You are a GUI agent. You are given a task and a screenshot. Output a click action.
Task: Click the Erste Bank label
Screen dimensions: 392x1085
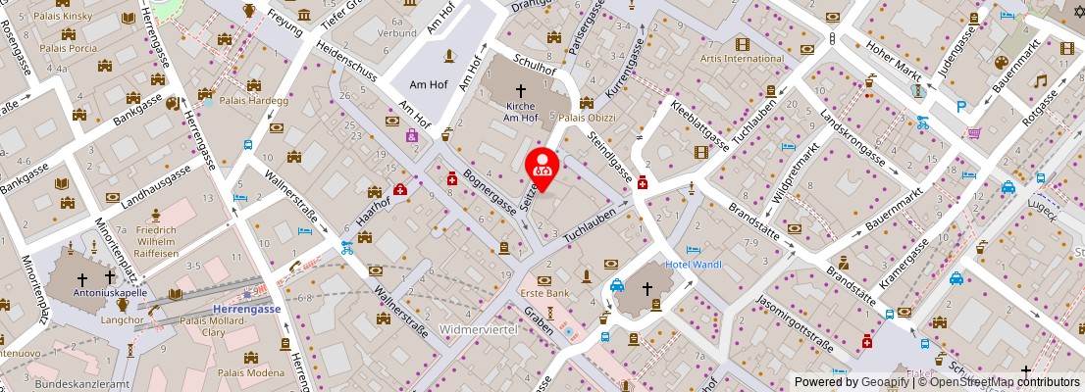pyautogui.click(x=545, y=293)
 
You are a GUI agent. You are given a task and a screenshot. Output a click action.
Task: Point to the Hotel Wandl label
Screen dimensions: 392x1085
pyautogui.click(x=694, y=265)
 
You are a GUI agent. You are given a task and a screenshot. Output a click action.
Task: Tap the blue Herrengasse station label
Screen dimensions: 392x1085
pyautogui.click(x=247, y=308)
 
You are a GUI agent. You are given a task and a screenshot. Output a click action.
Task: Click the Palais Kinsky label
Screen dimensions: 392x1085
pyautogui.click(x=63, y=18)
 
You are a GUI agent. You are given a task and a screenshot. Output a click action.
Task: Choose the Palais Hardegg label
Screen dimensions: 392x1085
pyautogui.click(x=253, y=100)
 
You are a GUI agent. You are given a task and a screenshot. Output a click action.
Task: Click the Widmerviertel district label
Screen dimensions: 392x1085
pyautogui.click(x=478, y=329)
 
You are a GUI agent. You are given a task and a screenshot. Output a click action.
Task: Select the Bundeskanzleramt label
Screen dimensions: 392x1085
pyautogui.click(x=82, y=384)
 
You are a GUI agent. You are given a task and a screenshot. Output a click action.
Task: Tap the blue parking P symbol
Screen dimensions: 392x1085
pyautogui.click(x=961, y=107)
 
